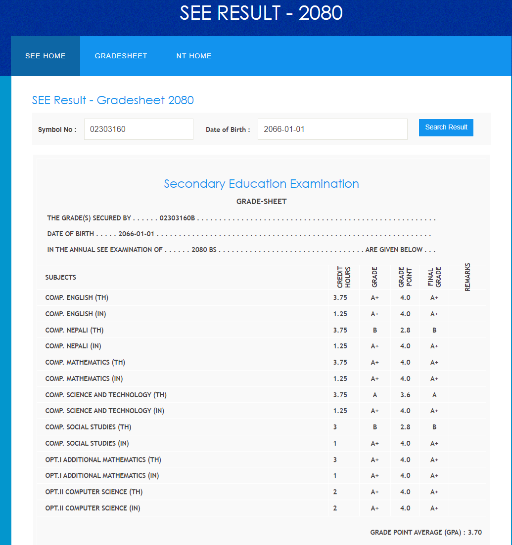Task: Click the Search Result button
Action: pyautogui.click(x=446, y=127)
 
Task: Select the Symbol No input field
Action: pyautogui.click(x=139, y=129)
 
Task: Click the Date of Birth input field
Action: pyautogui.click(x=332, y=129)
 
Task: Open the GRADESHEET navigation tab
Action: pyautogui.click(x=121, y=56)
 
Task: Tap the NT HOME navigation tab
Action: pyautogui.click(x=194, y=56)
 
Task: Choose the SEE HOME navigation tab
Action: pyautogui.click(x=46, y=56)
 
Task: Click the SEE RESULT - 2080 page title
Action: pyautogui.click(x=261, y=13)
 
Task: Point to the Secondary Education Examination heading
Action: pyautogui.click(x=261, y=184)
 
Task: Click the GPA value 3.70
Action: pyautogui.click(x=475, y=532)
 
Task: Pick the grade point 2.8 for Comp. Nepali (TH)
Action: pyautogui.click(x=405, y=330)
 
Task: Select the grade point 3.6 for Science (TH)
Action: pyautogui.click(x=405, y=395)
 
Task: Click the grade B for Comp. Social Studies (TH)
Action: pyautogui.click(x=375, y=427)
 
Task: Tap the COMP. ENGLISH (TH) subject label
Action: pyautogui.click(x=77, y=297)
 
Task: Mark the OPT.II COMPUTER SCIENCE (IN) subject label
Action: pyautogui.click(x=93, y=508)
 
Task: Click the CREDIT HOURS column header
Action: pyautogui.click(x=344, y=278)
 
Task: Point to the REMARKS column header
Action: pyautogui.click(x=467, y=277)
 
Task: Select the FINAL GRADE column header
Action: pyautogui.click(x=434, y=278)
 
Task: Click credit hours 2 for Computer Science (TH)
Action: pyautogui.click(x=335, y=492)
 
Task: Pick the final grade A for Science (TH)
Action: pyautogui.click(x=434, y=395)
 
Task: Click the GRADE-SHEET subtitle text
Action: pyautogui.click(x=261, y=202)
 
